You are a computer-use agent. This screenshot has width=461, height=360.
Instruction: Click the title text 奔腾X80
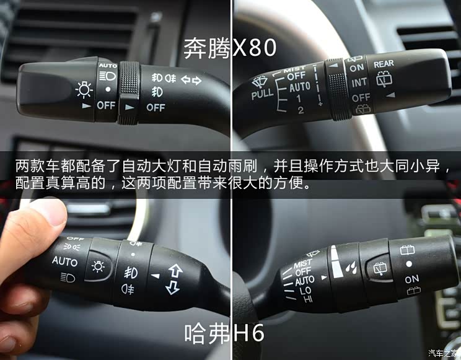(x=229, y=48)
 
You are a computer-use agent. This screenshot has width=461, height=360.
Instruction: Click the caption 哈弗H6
(x=224, y=334)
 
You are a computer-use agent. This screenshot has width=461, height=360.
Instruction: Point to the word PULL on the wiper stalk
(x=263, y=95)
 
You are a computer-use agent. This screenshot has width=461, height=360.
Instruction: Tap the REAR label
(x=384, y=64)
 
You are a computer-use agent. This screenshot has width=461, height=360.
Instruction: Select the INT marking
(x=359, y=82)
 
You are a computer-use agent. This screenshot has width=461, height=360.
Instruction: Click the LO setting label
(x=305, y=291)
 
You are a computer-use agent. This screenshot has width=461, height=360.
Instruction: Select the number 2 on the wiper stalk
(x=301, y=110)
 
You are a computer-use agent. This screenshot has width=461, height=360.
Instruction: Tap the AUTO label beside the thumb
(x=64, y=261)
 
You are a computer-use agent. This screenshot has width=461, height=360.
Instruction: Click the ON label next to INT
(x=356, y=68)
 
